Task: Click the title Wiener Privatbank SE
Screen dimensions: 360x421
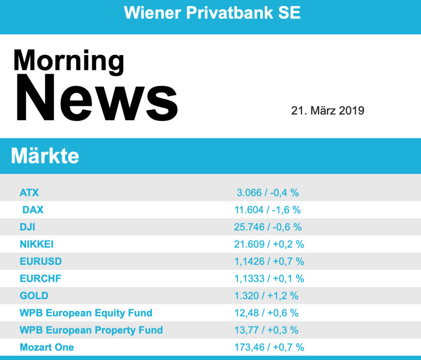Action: pyautogui.click(x=212, y=13)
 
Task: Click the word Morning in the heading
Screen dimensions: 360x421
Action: pyautogui.click(x=69, y=61)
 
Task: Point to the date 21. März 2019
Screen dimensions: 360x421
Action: pyautogui.click(x=328, y=111)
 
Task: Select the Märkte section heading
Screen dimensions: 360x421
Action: pyautogui.click(x=45, y=156)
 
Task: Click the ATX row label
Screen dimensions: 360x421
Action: pyautogui.click(x=29, y=193)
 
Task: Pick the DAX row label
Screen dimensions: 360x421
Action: pyautogui.click(x=33, y=210)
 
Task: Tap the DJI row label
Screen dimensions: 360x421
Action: pyautogui.click(x=28, y=227)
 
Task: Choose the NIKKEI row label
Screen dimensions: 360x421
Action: pyautogui.click(x=37, y=244)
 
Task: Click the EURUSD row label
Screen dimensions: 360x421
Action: pyautogui.click(x=41, y=261)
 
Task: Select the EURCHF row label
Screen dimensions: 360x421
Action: pyautogui.click(x=40, y=279)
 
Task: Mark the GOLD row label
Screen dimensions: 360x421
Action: pyautogui.click(x=34, y=296)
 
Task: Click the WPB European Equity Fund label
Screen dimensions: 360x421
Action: pyautogui.click(x=86, y=313)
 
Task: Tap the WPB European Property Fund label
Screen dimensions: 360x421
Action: pyautogui.click(x=91, y=330)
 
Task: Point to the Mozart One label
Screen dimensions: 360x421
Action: pyautogui.click(x=47, y=347)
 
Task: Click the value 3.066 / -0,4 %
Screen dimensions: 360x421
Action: pyautogui.click(x=268, y=193)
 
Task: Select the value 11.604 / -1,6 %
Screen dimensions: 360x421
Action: pyautogui.click(x=268, y=210)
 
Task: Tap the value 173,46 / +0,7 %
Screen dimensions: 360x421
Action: pyautogui.click(x=269, y=347)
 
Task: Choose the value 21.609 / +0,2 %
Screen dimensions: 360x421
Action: pyautogui.click(x=269, y=244)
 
